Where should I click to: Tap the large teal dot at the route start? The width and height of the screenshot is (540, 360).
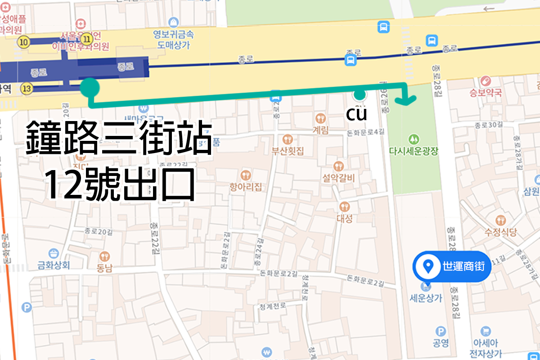(90, 87)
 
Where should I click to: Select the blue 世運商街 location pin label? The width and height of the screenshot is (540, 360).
(452, 266)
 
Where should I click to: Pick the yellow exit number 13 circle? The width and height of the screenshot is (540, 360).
(28, 89)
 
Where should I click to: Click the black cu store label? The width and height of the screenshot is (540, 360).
(356, 114)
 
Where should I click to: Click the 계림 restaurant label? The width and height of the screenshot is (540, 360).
(320, 129)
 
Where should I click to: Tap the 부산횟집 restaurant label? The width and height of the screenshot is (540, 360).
(288, 151)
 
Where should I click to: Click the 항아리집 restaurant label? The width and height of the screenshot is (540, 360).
(245, 186)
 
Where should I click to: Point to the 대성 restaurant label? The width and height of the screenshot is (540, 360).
(344, 218)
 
